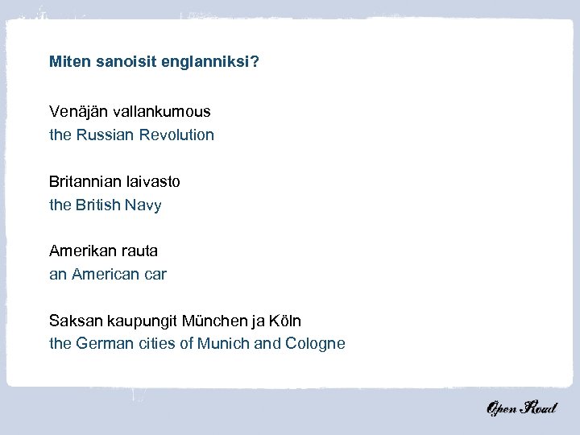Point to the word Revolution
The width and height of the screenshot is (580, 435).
tap(176, 135)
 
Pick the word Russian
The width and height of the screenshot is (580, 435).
tap(106, 135)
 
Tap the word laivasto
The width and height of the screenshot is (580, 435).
tap(153, 181)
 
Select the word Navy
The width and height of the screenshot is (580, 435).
tap(143, 205)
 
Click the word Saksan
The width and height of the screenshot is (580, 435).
tap(73, 321)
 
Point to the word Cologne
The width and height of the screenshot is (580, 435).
tap(315, 345)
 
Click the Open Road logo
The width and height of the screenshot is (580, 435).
tap(521, 408)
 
